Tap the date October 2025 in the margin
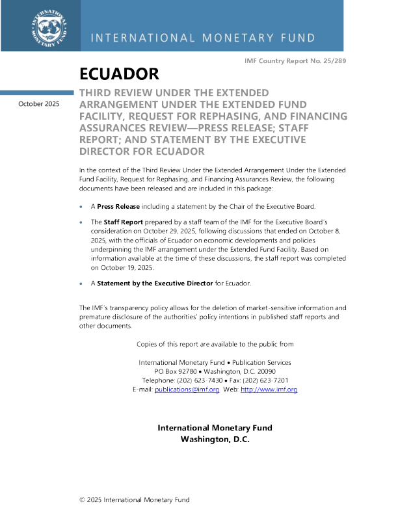click(39, 103)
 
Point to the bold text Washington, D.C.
click(215, 439)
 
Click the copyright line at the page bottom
click(134, 499)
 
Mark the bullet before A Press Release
click(81, 207)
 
